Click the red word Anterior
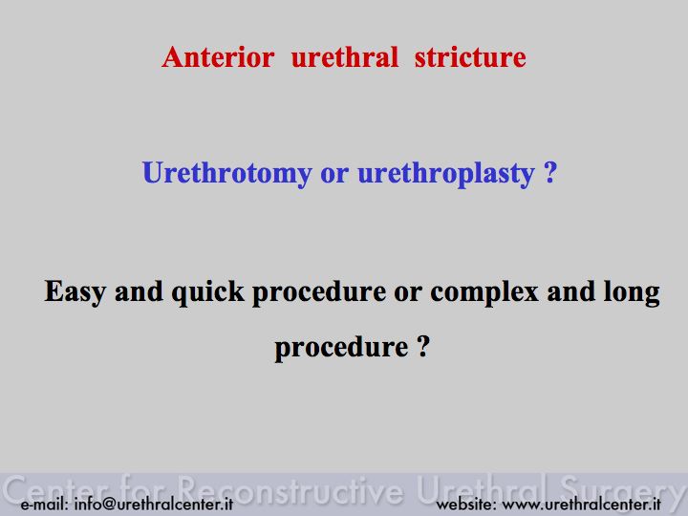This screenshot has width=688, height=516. click(218, 57)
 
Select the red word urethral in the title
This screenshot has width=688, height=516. click(345, 57)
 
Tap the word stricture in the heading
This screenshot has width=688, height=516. click(470, 57)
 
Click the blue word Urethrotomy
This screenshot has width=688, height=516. click(226, 173)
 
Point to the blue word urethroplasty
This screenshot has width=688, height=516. click(446, 174)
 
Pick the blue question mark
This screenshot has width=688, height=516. click(550, 172)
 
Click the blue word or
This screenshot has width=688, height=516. click(334, 174)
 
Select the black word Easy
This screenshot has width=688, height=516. click(75, 291)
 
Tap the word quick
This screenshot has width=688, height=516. click(207, 292)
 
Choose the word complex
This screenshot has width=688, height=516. click(484, 292)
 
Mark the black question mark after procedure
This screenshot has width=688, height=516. click(422, 346)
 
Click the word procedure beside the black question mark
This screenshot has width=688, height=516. click(341, 348)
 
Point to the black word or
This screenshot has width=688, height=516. click(408, 293)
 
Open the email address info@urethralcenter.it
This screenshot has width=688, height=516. click(154, 504)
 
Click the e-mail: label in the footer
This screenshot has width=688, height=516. click(44, 504)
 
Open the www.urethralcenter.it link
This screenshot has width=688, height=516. click(581, 504)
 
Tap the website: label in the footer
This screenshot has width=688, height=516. click(466, 504)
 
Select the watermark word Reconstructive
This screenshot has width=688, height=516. click(290, 489)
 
